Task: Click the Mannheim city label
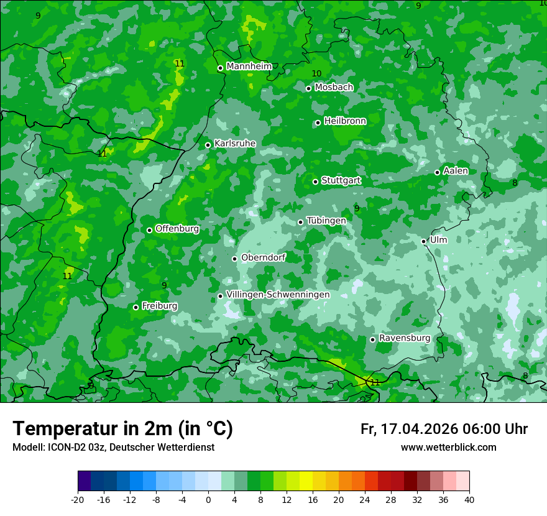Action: coord(249,67)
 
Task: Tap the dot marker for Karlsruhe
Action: coord(208,145)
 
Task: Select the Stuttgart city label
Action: coord(341,180)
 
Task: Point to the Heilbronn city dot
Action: coord(318,122)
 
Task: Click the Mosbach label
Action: coord(334,88)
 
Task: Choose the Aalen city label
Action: coord(456,171)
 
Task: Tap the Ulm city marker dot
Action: coord(424,241)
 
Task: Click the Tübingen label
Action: coord(326,221)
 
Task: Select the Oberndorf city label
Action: coord(263,257)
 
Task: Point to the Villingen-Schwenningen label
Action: coord(278,295)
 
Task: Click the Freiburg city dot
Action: coord(136,307)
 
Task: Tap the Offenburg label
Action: coord(177,229)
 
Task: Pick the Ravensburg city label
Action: coord(405,338)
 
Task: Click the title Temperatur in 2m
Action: coord(122,429)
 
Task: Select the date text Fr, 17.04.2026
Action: coord(409,430)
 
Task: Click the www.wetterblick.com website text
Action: coord(448,448)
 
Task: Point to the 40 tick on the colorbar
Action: coord(469,499)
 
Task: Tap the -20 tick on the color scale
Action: coord(78,499)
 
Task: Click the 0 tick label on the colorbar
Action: coord(208,499)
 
